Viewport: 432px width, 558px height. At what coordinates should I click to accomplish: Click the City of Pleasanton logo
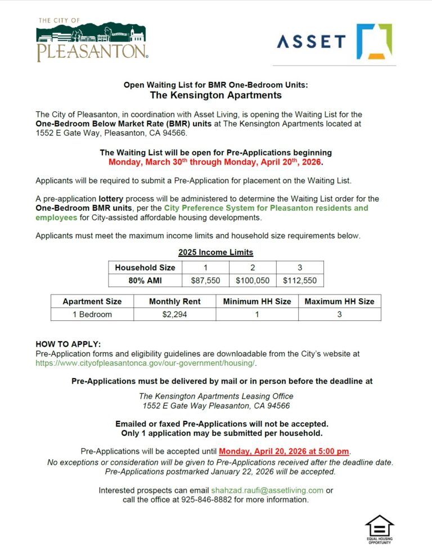click(x=92, y=40)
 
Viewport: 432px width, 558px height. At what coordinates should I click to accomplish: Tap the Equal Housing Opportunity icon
click(x=379, y=529)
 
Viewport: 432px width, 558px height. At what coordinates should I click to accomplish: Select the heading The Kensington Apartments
click(x=215, y=95)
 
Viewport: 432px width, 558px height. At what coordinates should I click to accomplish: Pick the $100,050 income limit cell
click(x=252, y=280)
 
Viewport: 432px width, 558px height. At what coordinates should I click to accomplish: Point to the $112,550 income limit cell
click(x=299, y=280)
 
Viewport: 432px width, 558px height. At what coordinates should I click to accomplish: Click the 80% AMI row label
click(x=145, y=280)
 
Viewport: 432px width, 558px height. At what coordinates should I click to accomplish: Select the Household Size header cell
click(x=145, y=267)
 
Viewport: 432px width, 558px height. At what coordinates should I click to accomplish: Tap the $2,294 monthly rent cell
click(x=174, y=314)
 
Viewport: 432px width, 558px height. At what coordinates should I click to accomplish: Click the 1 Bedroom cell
click(x=92, y=314)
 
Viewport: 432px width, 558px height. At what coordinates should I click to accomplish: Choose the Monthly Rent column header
click(x=174, y=301)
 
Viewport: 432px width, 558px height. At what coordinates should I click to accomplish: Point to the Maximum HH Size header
click(x=339, y=301)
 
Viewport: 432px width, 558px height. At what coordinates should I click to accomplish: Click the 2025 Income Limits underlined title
click(x=215, y=252)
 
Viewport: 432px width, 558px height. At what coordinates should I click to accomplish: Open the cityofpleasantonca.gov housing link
click(x=146, y=363)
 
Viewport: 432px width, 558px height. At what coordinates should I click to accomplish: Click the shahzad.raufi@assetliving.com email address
click(x=267, y=490)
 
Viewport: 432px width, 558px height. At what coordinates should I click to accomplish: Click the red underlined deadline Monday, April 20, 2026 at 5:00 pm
click(x=284, y=451)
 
